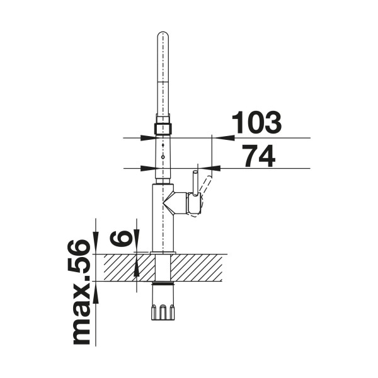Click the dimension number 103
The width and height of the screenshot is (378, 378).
pyautogui.click(x=256, y=122)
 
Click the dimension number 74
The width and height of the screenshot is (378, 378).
pyautogui.click(x=258, y=156)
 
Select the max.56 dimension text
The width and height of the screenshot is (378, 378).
pyautogui.click(x=81, y=292)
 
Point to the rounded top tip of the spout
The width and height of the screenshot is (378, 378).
pyautogui.click(x=163, y=32)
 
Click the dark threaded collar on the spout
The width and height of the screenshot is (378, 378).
pyautogui.click(x=163, y=129)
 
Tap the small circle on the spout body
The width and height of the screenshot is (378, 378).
pyautogui.click(x=163, y=157)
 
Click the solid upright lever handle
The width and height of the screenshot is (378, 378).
pyautogui.click(x=195, y=183)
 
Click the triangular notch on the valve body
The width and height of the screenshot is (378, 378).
pyautogui.click(x=169, y=203)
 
